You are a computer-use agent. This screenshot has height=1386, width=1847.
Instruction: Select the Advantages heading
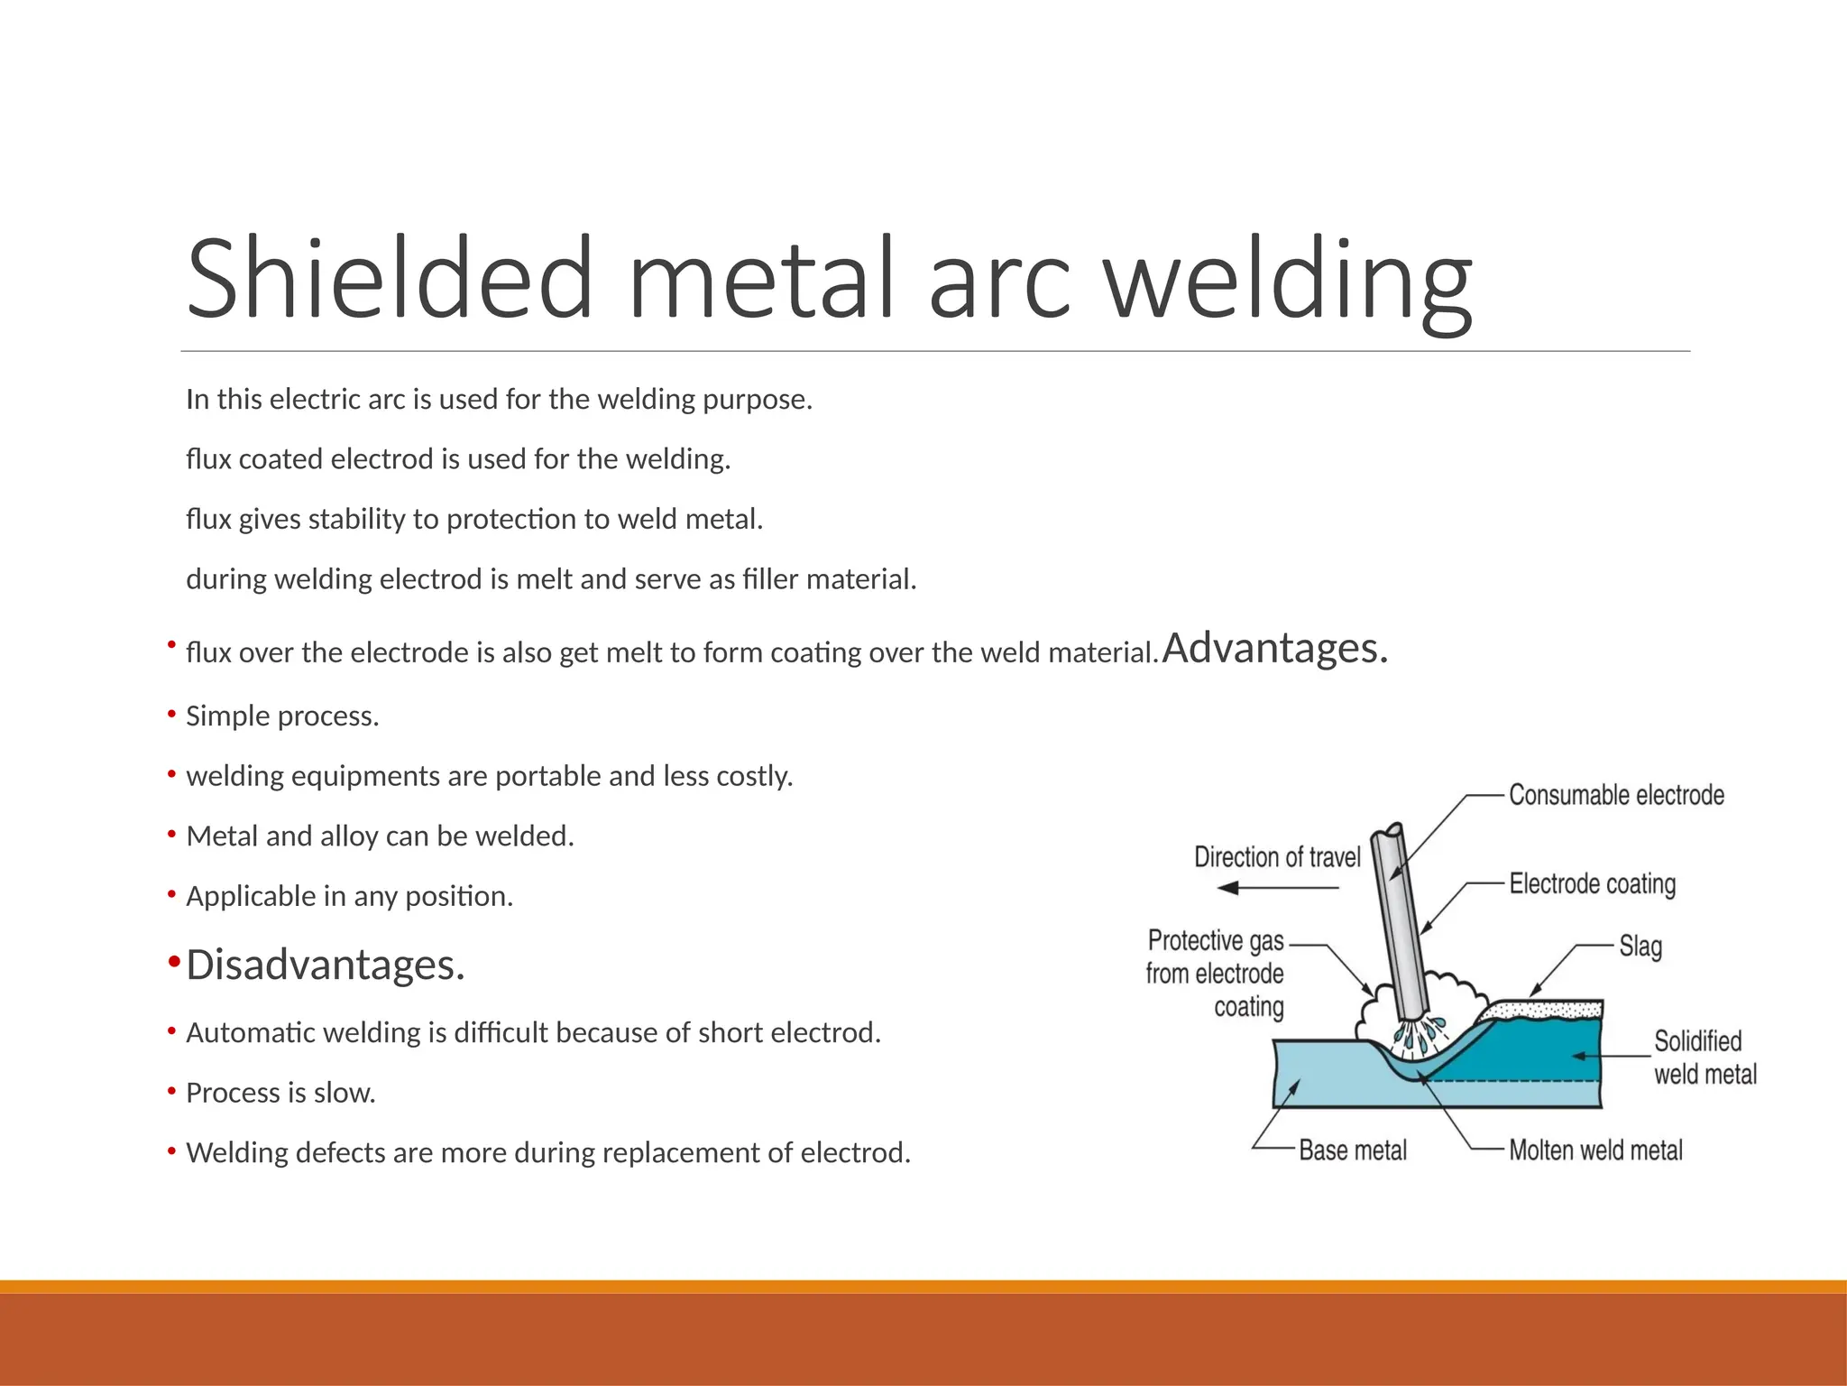click(1274, 648)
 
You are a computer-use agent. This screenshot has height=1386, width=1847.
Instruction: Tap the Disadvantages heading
click(325, 965)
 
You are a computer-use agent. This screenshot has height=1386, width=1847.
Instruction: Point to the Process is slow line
click(280, 1093)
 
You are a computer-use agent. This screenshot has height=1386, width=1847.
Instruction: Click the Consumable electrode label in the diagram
click(1616, 795)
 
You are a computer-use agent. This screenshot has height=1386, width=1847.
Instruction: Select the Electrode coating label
click(1593, 883)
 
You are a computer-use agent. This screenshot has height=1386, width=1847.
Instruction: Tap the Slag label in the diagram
click(1640, 947)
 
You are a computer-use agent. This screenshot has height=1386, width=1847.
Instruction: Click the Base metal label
click(1353, 1150)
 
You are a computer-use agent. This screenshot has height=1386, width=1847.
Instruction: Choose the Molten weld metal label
click(1595, 1150)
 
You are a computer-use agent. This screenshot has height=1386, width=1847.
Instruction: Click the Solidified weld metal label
click(1705, 1058)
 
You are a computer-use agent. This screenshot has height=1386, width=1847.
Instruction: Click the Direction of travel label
click(1277, 857)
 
